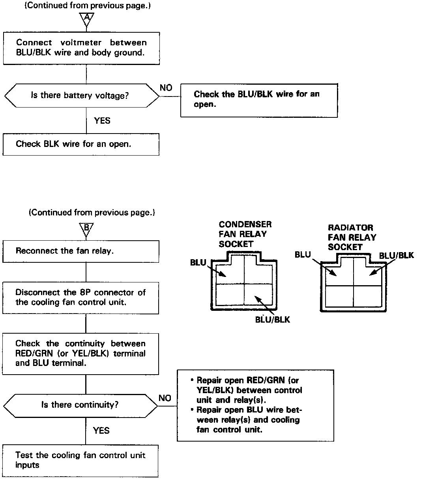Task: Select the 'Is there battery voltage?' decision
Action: click(80, 95)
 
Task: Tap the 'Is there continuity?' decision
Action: click(80, 405)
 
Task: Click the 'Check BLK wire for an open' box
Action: click(81, 144)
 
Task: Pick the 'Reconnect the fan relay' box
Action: click(81, 251)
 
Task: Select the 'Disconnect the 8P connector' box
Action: click(81, 297)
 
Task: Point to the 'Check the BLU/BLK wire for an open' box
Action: click(259, 100)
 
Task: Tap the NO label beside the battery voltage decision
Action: click(166, 88)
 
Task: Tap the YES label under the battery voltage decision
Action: click(102, 121)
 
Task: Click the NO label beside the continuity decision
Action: click(165, 398)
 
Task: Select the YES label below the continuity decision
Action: click(101, 431)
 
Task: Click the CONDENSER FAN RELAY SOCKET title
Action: click(245, 234)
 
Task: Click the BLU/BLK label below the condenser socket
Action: click(272, 319)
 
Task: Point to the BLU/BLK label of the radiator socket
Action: click(396, 255)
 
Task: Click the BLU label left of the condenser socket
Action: click(198, 263)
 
